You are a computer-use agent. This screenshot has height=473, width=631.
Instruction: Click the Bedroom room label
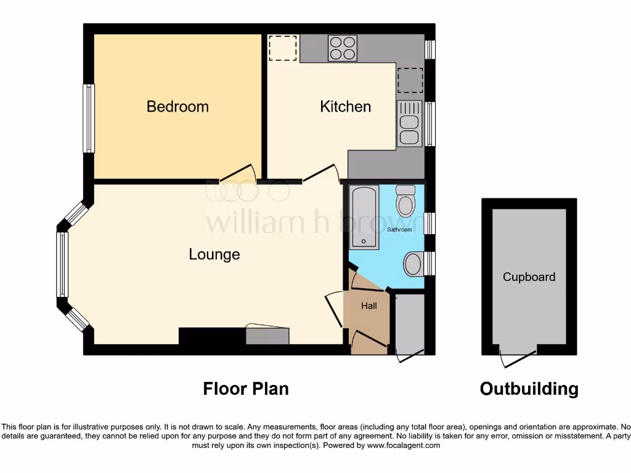point(177,107)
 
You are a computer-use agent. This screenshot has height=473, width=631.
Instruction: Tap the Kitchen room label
point(345,107)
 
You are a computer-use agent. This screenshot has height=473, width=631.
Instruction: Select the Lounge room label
point(214,254)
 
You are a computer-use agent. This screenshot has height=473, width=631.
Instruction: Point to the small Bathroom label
point(399,230)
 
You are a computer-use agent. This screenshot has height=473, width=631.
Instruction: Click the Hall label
point(369,305)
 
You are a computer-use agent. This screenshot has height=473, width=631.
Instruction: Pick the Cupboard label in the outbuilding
point(529,277)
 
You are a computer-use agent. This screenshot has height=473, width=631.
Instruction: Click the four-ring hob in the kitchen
point(343,48)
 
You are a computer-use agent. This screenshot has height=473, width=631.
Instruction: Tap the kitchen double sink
point(409,123)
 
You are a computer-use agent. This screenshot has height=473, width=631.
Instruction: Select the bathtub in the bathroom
point(364,216)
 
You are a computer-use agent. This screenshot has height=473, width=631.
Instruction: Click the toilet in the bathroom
point(407,201)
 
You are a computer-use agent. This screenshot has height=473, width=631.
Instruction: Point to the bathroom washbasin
point(413,264)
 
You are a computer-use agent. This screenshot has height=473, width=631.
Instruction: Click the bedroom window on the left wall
point(89,118)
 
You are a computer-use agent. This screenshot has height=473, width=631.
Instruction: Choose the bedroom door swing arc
point(238,174)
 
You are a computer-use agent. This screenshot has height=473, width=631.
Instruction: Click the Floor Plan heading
point(246,389)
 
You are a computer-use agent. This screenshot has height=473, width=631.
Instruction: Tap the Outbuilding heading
point(529,389)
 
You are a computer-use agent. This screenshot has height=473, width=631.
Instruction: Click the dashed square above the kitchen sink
point(410,79)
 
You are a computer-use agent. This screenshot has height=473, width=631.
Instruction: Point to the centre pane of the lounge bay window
point(62,264)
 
